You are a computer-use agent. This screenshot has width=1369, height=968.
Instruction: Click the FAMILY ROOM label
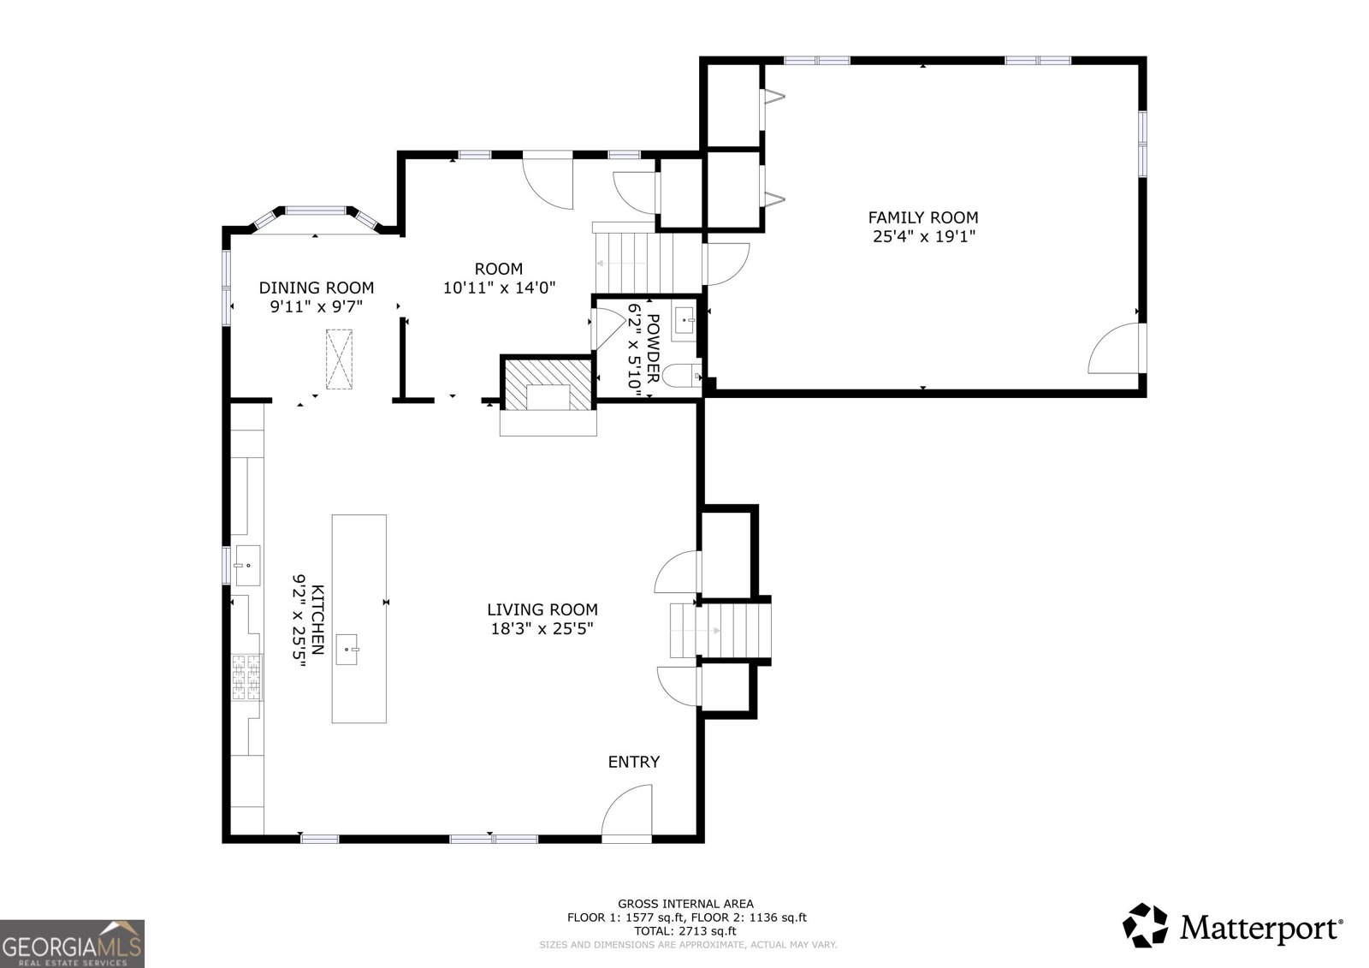[923, 217]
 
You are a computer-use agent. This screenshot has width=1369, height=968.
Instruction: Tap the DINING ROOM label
[316, 288]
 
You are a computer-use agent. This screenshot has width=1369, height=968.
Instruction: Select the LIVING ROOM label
[542, 609]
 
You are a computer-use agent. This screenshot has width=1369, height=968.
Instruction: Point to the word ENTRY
[634, 762]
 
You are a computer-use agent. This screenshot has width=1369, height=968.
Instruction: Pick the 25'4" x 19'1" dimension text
[923, 236]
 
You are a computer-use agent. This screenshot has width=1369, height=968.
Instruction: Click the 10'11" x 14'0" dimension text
[499, 288]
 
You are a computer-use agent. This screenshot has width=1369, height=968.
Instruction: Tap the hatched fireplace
[548, 384]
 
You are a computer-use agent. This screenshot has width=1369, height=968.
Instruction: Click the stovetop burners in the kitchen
[246, 676]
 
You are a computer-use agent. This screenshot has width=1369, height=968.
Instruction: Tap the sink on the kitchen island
[347, 649]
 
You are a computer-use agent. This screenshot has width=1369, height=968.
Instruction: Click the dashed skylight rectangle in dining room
[339, 359]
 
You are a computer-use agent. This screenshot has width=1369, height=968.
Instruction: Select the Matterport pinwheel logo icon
[1145, 926]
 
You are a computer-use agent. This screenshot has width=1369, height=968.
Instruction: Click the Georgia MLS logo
[72, 943]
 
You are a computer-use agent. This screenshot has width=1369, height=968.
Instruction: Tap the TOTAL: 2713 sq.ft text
[685, 931]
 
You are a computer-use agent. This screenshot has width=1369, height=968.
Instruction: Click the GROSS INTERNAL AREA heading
[685, 903]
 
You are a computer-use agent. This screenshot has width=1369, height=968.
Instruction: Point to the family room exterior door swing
[1117, 348]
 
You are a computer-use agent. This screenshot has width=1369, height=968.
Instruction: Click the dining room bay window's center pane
[316, 211]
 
